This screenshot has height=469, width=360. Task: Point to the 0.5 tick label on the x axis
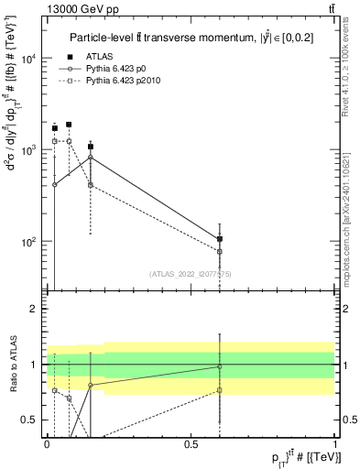pos(191,444)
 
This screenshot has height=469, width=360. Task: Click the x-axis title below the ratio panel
pos(292,459)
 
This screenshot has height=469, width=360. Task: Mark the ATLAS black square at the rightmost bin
pos(220,239)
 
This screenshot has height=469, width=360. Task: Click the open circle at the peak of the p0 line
pos(90,158)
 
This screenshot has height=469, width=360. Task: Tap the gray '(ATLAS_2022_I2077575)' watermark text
pos(191,273)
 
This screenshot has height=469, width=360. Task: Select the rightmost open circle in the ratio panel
pos(220,366)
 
